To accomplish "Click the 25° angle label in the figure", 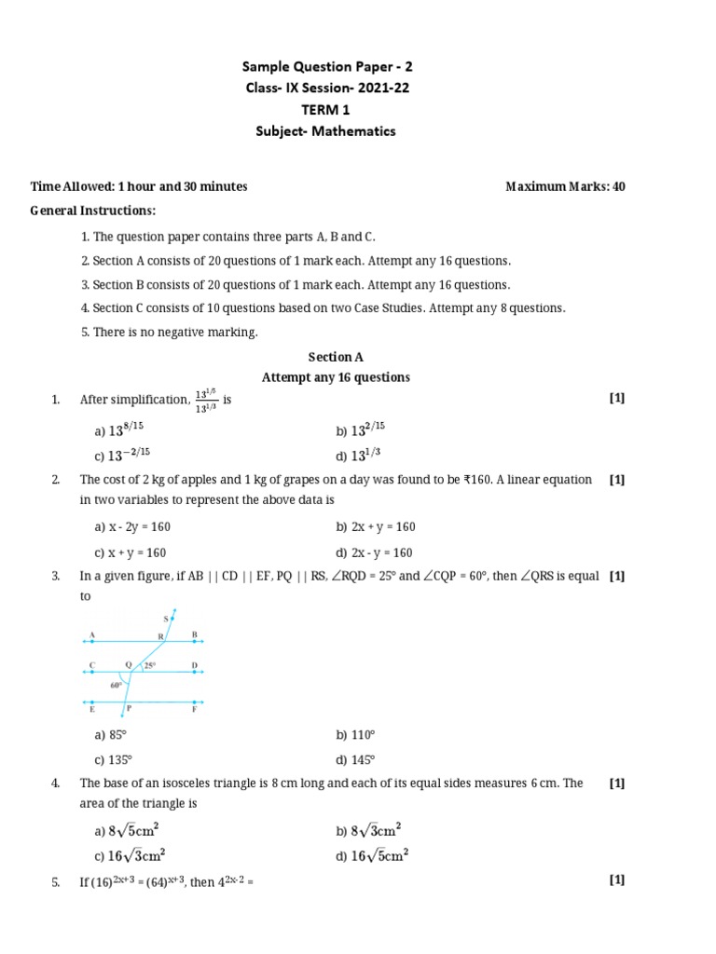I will coord(149,666).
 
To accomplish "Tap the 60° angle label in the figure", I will coord(116,685).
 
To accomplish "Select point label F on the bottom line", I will coord(195,710).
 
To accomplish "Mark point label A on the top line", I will coord(91,634).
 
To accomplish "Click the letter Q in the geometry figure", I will coord(129,665).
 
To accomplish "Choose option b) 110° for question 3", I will coord(356,735).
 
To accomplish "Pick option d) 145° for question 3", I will coord(356,759).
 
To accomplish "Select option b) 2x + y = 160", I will coord(375,526).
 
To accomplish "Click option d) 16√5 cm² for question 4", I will coord(372,854).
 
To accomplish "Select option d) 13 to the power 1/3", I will coord(361,456).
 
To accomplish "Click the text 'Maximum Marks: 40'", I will coord(565,186).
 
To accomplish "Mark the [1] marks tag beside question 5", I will coord(616,879).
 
